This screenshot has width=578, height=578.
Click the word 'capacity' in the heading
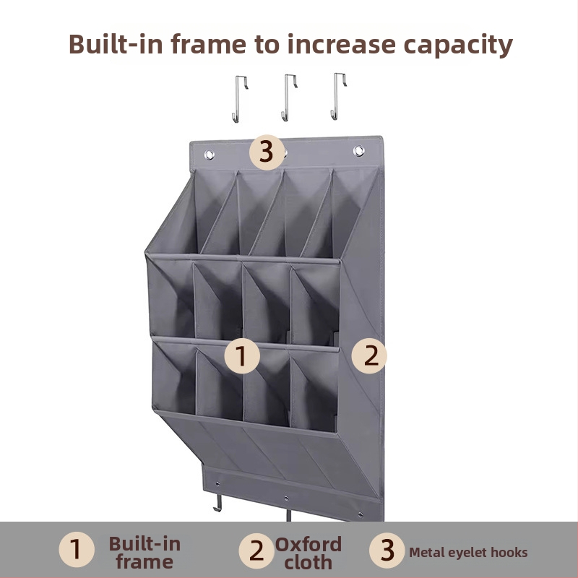tap(458, 45)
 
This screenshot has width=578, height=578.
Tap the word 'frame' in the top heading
tap(208, 44)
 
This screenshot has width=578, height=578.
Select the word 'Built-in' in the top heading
tap(116, 44)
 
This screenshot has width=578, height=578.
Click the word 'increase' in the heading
tap(341, 44)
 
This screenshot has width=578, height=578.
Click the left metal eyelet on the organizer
tap(210, 155)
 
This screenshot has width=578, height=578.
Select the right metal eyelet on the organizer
tap(358, 151)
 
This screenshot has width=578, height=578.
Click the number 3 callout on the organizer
tap(267, 152)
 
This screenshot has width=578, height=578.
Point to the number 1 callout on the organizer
tap(242, 355)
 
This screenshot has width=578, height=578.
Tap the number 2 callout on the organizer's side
tap(369, 355)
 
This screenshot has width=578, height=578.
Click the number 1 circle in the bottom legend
tap(77, 550)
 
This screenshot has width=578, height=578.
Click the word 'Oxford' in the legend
tap(309, 545)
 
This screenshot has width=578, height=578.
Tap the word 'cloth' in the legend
tap(309, 563)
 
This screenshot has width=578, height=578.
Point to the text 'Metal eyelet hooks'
tap(468, 552)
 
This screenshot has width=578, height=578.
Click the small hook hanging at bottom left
tap(218, 503)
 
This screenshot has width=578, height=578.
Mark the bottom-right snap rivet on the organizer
tap(361, 514)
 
